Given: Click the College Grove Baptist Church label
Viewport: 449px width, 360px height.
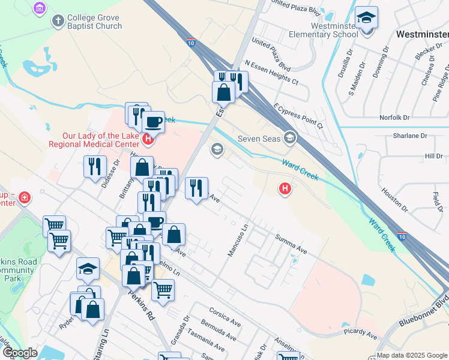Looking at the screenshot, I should pyautogui.click(x=95, y=22).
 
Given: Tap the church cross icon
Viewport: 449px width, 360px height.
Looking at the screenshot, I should pyautogui.click(x=58, y=22).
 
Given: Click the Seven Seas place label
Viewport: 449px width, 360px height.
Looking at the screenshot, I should pyautogui.click(x=259, y=139).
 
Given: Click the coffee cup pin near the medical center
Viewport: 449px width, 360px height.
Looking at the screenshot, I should pyautogui.click(x=154, y=122).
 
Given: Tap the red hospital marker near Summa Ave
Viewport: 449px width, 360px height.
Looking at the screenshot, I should pyautogui.click(x=285, y=190).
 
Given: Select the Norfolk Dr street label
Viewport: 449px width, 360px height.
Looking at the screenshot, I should pyautogui.click(x=394, y=118).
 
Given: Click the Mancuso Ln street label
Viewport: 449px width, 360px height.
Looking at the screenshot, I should pyautogui.click(x=238, y=241).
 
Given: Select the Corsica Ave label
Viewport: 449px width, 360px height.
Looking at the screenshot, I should pyautogui.click(x=225, y=317).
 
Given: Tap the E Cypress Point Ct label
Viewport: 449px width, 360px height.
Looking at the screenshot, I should pyautogui.click(x=298, y=116).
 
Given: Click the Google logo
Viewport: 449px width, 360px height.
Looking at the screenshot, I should pyautogui.click(x=19, y=353).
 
